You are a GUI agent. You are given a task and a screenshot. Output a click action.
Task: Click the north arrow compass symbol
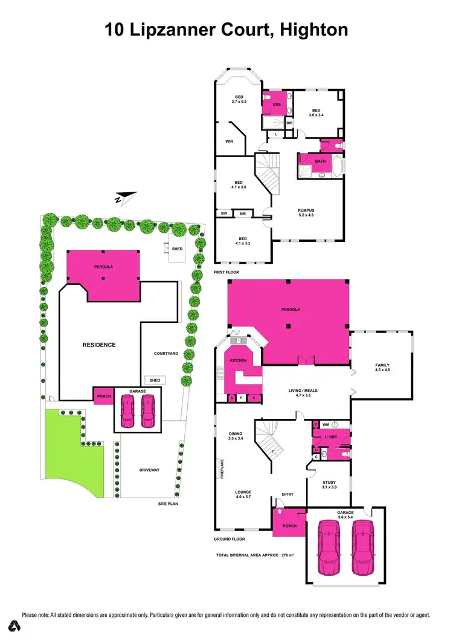coord(126,197)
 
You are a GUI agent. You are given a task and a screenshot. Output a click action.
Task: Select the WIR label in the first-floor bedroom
coord(229,141)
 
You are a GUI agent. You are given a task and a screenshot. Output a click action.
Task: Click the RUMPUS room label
coord(306,210)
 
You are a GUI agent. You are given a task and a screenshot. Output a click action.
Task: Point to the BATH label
coord(320,161)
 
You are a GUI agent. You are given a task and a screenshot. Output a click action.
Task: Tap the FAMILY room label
coord(382,365)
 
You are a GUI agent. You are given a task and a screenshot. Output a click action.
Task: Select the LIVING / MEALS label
coord(303,391)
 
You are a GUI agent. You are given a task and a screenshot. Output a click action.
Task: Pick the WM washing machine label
coord(325,424)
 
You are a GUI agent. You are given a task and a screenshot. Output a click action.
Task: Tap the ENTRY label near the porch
coord(287,495)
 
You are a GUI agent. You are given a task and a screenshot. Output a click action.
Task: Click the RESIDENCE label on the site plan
coord(99,345)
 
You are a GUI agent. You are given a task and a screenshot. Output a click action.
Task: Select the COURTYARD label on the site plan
coord(165,353)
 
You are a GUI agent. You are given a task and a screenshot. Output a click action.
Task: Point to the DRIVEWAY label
coord(149,470)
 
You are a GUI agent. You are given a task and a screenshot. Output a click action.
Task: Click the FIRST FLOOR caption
coord(227,273)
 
